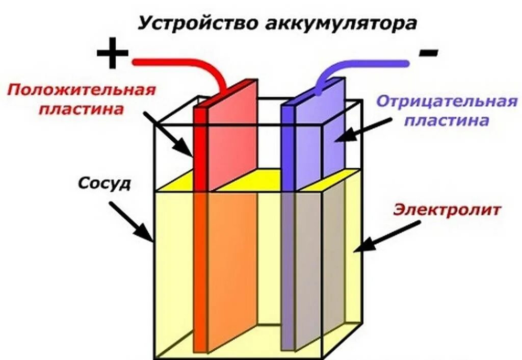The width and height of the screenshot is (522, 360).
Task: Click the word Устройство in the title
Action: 192,23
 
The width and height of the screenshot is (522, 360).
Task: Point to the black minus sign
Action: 429,52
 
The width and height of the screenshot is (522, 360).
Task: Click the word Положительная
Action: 81,90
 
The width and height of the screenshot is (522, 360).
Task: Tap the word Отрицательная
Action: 447,101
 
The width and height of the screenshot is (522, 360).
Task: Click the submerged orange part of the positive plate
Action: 229,265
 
